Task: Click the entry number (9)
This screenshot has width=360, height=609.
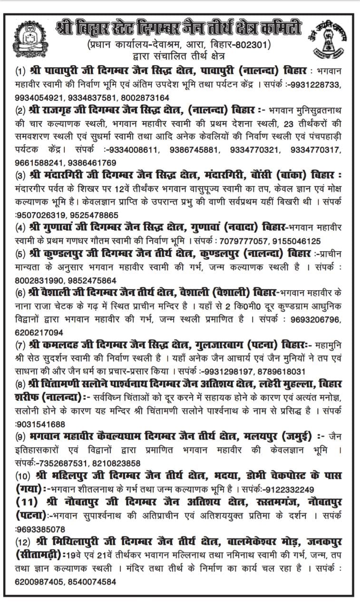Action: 20,435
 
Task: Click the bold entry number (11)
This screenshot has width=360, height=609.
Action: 29,502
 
